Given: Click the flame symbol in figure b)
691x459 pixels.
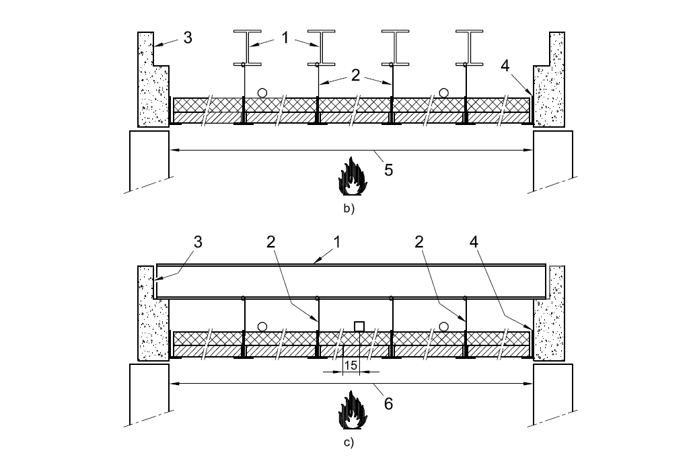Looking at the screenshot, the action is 352,176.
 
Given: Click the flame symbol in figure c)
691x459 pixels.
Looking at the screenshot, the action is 352,410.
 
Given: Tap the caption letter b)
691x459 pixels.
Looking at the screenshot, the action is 349,208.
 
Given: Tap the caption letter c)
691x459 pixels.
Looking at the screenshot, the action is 349,442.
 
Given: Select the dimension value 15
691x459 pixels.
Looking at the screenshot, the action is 351,366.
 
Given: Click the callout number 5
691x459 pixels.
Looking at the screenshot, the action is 388,170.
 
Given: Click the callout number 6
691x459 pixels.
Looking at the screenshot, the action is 388,403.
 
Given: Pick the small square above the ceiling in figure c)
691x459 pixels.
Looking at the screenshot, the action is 359,326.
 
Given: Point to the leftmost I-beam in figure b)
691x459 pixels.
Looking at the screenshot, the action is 247,48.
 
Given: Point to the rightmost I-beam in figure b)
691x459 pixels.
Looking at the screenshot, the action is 470,48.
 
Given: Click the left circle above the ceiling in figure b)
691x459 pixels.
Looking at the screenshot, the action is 262,93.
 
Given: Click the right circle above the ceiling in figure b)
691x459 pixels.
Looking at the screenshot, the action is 444,93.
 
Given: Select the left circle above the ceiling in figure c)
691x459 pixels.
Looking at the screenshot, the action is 262,327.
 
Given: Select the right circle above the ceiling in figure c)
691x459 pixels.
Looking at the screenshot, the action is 444,327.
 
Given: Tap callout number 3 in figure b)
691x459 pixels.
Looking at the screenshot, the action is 188,38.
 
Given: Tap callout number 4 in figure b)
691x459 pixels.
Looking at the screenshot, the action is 505,66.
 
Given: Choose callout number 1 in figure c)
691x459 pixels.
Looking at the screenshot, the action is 337,242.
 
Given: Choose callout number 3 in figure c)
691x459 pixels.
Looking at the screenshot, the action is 198,242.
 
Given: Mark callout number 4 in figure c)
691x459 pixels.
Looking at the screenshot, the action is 474,242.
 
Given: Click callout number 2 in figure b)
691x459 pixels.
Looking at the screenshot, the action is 356,75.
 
